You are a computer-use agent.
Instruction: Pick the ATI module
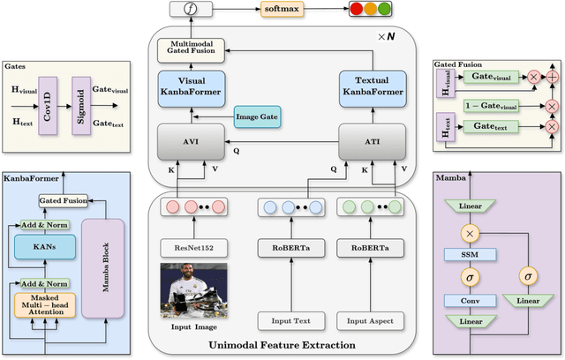[372, 141]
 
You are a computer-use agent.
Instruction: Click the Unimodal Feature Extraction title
[282, 344]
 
